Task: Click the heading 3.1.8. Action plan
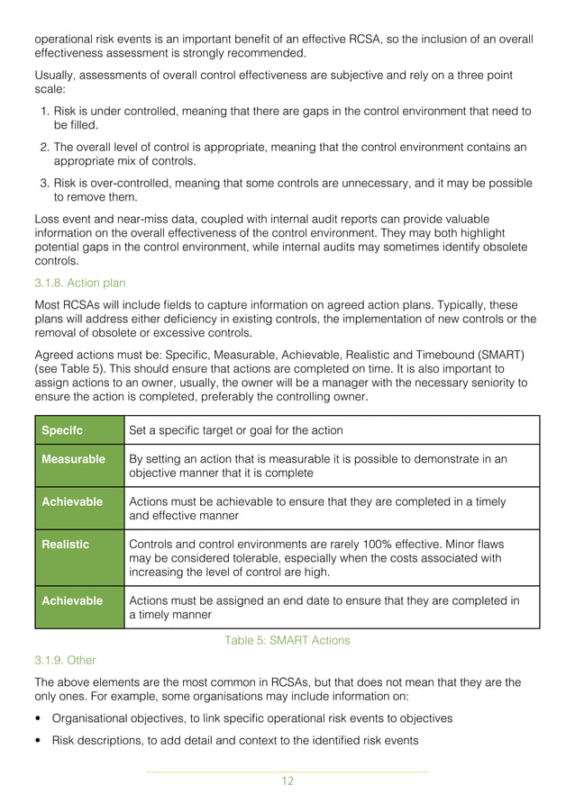79,284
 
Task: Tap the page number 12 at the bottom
287,780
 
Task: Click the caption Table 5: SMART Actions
287,640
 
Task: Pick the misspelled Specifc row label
63,429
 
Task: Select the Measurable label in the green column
73,459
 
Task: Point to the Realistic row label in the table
66,544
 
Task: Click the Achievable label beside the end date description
72,600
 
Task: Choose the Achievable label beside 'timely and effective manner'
72,501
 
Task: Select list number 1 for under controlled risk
45,111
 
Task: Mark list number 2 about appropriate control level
45,148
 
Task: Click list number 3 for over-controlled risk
45,184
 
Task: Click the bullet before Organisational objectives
37,718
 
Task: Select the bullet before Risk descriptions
37,741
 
